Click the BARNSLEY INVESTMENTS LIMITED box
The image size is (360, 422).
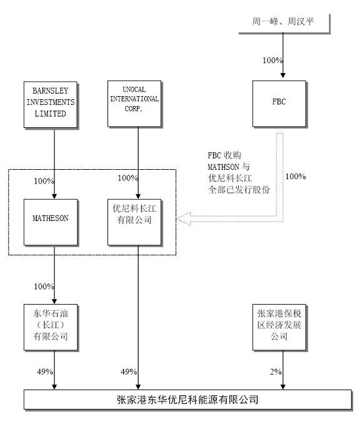coord(51,105)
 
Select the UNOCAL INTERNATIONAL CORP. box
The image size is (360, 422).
coord(134,104)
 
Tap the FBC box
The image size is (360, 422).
coord(279,104)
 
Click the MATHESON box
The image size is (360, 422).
coord(51,222)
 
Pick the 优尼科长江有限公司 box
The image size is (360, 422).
coord(134,222)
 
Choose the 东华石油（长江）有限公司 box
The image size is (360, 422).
coord(51,328)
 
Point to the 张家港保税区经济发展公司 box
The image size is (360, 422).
coord(279,328)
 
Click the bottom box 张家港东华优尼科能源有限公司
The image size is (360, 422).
coord(188,400)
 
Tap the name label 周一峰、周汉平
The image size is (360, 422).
coord(283,21)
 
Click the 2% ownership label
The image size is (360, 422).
coord(276,371)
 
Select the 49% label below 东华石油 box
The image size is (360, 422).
coord(45,371)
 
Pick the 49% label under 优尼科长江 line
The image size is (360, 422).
coord(129,371)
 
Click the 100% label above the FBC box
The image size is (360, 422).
coord(272,61)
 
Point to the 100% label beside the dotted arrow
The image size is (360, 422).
coord(296,177)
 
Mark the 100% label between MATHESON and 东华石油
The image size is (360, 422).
coord(44,287)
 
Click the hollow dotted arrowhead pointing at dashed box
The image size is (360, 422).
coord(184,218)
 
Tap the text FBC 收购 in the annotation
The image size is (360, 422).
coord(224,155)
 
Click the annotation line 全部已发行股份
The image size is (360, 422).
coord(239,190)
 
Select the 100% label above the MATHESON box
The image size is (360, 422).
coord(44,181)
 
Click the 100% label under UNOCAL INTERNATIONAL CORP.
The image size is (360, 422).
coord(128,178)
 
